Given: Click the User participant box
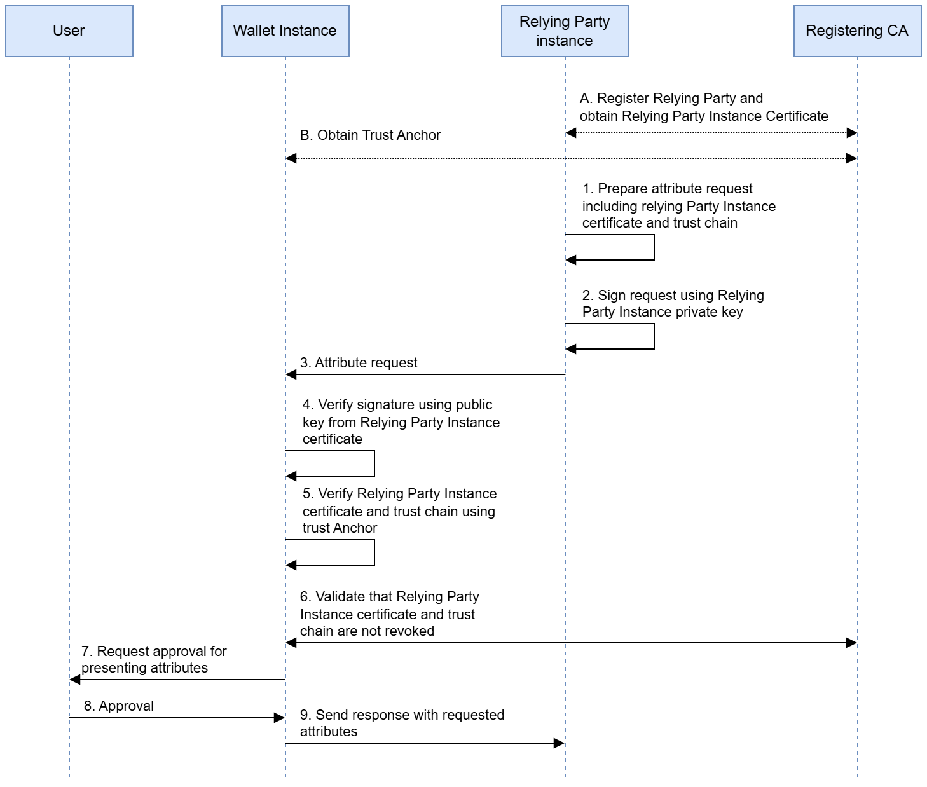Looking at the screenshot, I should [x=69, y=31].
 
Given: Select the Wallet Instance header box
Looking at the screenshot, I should [x=285, y=31].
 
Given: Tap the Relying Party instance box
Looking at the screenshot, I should [x=565, y=31].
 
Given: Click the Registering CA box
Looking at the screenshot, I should [x=856, y=31].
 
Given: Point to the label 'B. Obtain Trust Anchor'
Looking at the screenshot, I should [x=370, y=135].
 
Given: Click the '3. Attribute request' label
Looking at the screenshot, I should [x=359, y=363].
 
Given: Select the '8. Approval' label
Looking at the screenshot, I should [x=119, y=706].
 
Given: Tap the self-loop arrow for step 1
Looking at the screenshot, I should [x=653, y=247].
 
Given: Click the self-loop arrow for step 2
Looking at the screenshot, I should [x=653, y=336].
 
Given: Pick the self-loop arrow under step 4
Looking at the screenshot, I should [x=373, y=463].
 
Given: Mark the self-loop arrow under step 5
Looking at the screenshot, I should [x=373, y=552].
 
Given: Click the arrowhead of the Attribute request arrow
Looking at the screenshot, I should [x=291, y=374].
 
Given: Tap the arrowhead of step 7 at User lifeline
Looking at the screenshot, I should [x=74, y=680].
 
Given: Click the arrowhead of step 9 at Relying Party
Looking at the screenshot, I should [x=559, y=743].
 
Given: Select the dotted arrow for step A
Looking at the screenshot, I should [x=711, y=133].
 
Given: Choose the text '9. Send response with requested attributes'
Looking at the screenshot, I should [x=402, y=723].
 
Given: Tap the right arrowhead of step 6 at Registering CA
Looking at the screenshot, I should [x=851, y=643].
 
